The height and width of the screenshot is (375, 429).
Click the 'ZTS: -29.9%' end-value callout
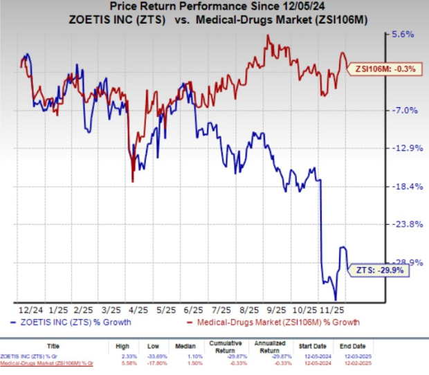pyautogui.click(x=378, y=270)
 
